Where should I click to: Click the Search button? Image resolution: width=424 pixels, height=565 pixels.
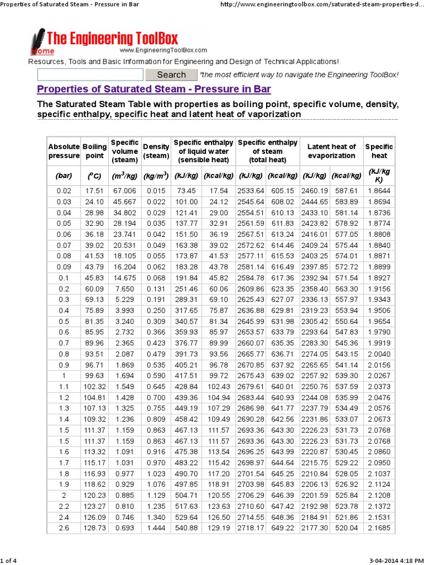coord(171,74)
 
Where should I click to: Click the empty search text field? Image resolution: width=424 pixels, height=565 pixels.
coord(90,74)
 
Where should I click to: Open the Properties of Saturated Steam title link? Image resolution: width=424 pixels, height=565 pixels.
coord(153,89)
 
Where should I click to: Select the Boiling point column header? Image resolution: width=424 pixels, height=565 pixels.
coord(94,151)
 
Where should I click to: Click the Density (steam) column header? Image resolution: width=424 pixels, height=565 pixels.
coord(156,151)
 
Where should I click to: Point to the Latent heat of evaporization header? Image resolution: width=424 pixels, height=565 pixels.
coord(331,151)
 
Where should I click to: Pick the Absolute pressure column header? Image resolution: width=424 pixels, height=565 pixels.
coord(64,151)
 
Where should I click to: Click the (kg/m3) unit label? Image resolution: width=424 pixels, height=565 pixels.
coord(156,175)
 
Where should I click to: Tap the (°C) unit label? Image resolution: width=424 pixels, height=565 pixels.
coord(94,175)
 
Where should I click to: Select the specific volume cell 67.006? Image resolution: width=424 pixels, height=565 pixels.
coord(125,190)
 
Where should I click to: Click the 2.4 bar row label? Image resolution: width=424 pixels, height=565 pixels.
coord(64,516)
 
